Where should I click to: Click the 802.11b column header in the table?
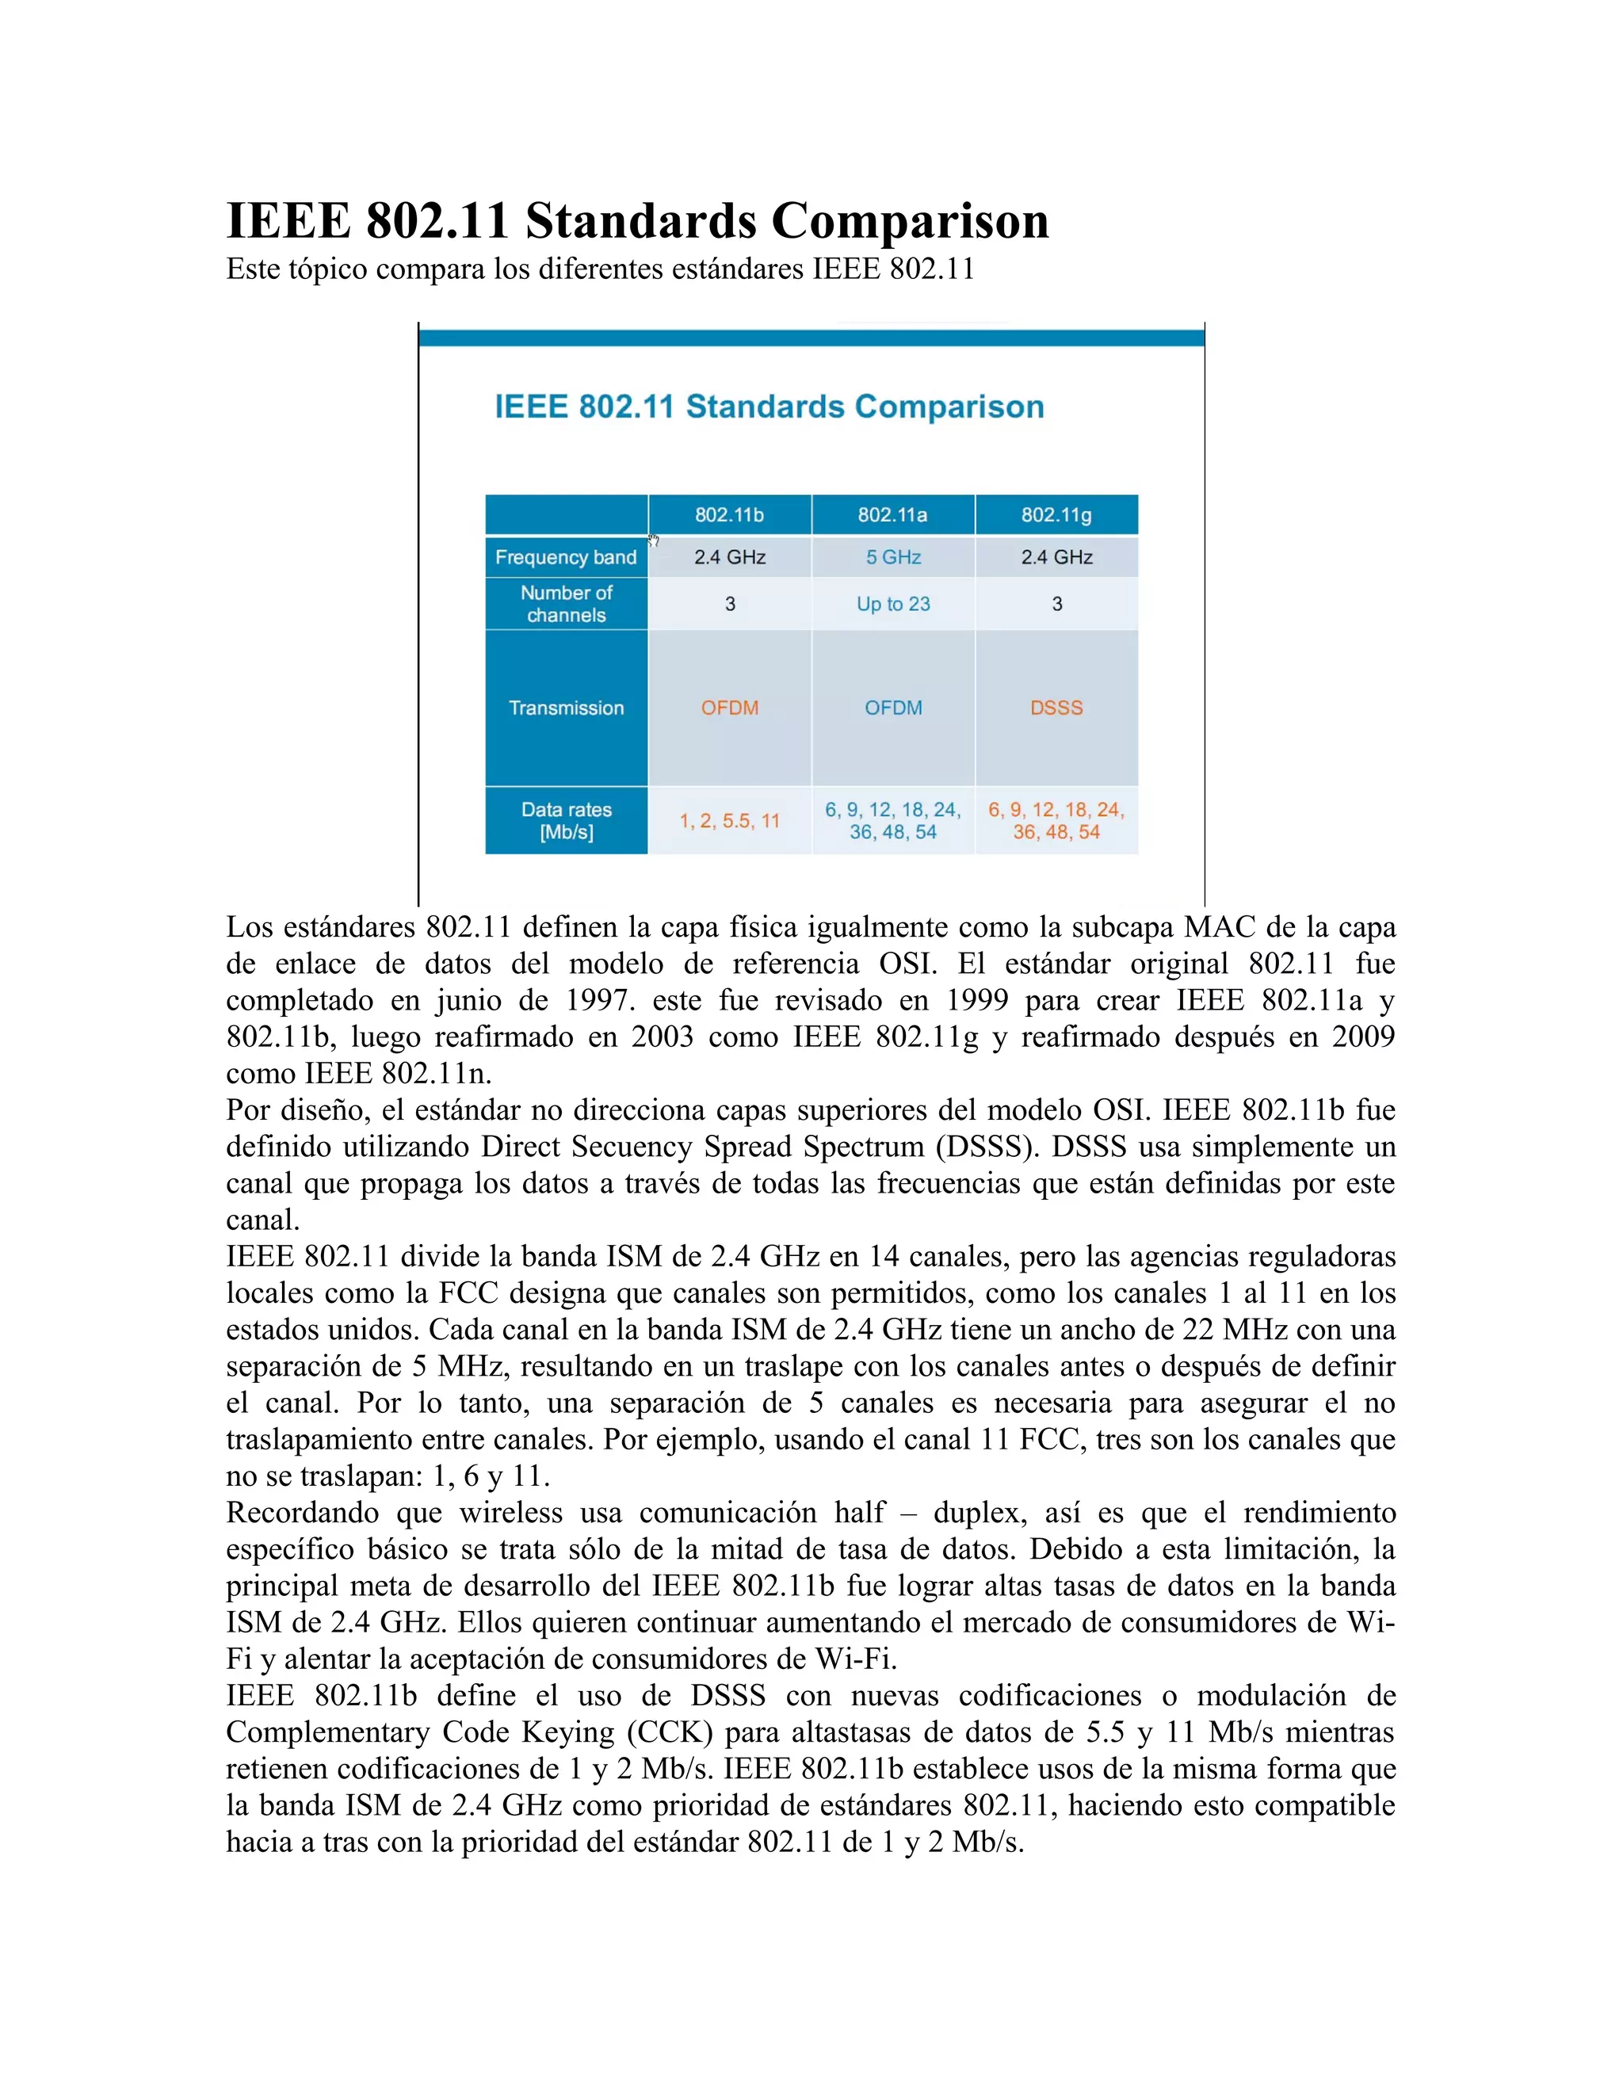click(x=729, y=515)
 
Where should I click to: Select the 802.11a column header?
click(x=892, y=515)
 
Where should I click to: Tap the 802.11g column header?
click(x=1056, y=515)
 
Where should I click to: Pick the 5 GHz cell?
click(x=893, y=558)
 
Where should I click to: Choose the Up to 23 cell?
click(x=893, y=604)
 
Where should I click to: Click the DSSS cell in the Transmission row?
click(x=1056, y=708)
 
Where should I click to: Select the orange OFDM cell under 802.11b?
click(x=730, y=708)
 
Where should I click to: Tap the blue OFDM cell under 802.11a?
click(x=893, y=708)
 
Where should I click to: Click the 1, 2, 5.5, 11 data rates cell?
click(x=730, y=821)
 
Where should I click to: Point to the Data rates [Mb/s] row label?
click(x=567, y=821)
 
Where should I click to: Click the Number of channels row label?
click(x=567, y=604)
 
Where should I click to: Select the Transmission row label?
click(x=567, y=708)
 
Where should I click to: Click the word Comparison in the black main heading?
click(x=910, y=221)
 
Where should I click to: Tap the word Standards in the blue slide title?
click(x=765, y=407)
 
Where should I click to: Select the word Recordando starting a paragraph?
click(x=303, y=1513)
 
